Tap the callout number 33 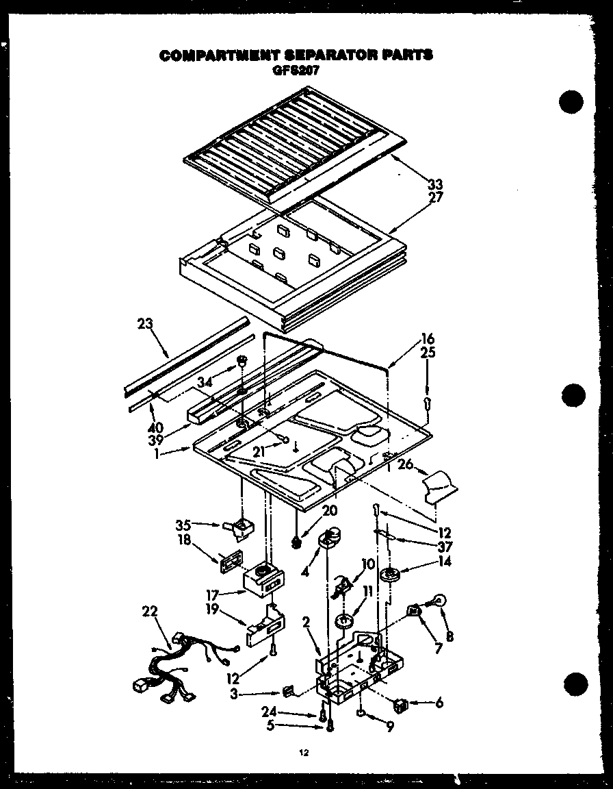pos(435,184)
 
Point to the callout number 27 pos(435,197)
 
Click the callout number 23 pos(145,325)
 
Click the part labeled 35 pos(239,527)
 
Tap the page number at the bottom pos(304,753)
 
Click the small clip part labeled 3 pos(288,693)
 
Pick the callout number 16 pos(428,339)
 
